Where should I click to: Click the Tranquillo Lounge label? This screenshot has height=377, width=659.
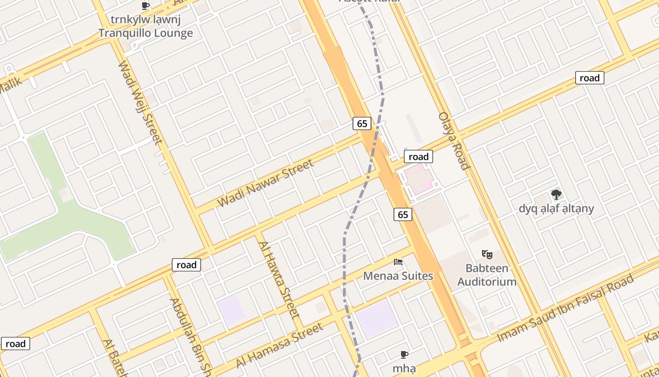click(145, 33)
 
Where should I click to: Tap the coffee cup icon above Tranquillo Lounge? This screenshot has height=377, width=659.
click(145, 6)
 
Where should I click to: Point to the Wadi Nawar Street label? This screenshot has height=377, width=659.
click(265, 183)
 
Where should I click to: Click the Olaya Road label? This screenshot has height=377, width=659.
click(454, 140)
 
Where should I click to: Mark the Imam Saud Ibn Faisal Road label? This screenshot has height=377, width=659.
click(565, 309)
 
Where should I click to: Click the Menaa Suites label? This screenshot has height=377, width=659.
click(398, 276)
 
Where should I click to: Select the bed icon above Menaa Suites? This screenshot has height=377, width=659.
click(398, 262)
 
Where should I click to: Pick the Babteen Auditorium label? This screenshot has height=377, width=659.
click(487, 275)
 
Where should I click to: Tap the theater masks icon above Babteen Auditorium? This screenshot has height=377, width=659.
click(487, 254)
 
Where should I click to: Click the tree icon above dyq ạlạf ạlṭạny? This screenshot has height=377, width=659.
click(556, 194)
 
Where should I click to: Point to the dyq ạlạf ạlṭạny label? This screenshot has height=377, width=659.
click(556, 208)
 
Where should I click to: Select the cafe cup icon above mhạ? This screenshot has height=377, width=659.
click(404, 354)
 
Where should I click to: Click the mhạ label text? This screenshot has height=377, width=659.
click(404, 368)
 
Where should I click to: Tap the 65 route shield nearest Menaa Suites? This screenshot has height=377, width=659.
click(403, 214)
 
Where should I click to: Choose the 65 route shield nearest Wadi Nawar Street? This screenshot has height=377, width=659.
click(362, 123)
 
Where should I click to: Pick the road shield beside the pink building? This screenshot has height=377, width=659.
click(418, 156)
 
